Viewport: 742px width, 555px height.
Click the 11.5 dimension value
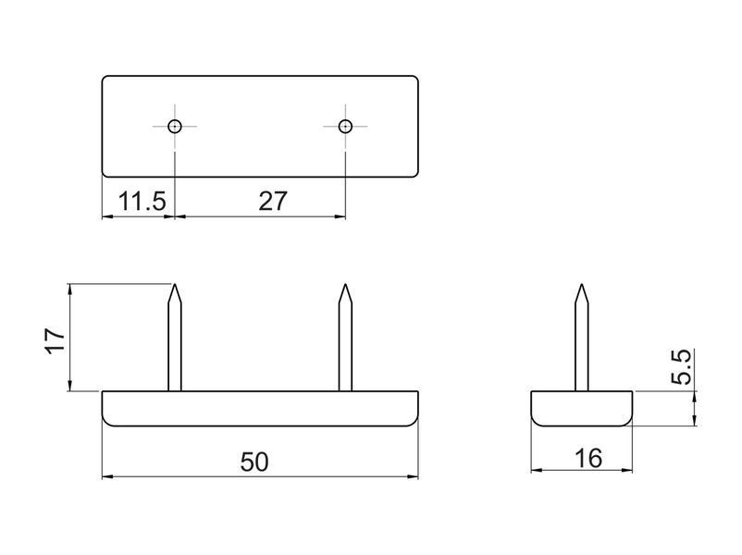pyautogui.click(x=142, y=201)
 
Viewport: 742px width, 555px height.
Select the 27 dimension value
pyautogui.click(x=273, y=201)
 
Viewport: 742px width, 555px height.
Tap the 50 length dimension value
pyautogui.click(x=254, y=462)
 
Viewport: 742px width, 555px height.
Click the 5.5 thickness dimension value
pyautogui.click(x=682, y=366)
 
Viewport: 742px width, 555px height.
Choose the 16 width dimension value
pyautogui.click(x=588, y=458)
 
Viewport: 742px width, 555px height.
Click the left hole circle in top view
pyautogui.click(x=175, y=127)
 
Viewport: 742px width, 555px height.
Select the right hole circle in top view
pyautogui.click(x=345, y=127)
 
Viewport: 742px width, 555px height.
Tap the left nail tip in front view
pyautogui.click(x=175, y=284)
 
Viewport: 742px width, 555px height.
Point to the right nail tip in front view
pyautogui.click(x=345, y=284)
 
